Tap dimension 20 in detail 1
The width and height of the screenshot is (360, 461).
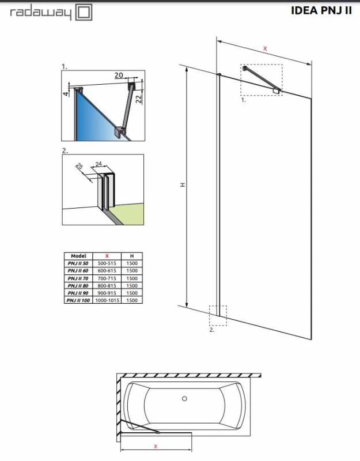tap(119, 75)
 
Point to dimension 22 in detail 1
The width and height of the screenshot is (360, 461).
tap(139, 99)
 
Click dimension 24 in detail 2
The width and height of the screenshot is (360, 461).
tap(100, 164)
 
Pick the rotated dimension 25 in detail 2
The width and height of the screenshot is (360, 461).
tap(80, 167)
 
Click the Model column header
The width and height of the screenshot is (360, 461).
tap(78, 255)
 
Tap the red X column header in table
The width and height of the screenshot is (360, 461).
tap(107, 255)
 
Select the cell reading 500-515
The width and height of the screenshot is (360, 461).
tap(107, 263)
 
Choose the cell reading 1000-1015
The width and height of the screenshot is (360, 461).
tap(107, 300)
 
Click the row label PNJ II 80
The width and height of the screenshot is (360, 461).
tap(78, 285)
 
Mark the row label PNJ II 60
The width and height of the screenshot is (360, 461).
tap(78, 270)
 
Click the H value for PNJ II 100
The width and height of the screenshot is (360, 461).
tap(131, 300)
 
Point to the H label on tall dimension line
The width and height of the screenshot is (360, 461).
tap(182, 185)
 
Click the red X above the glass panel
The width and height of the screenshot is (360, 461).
tap(264, 49)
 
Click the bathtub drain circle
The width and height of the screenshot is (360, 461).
tap(185, 398)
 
